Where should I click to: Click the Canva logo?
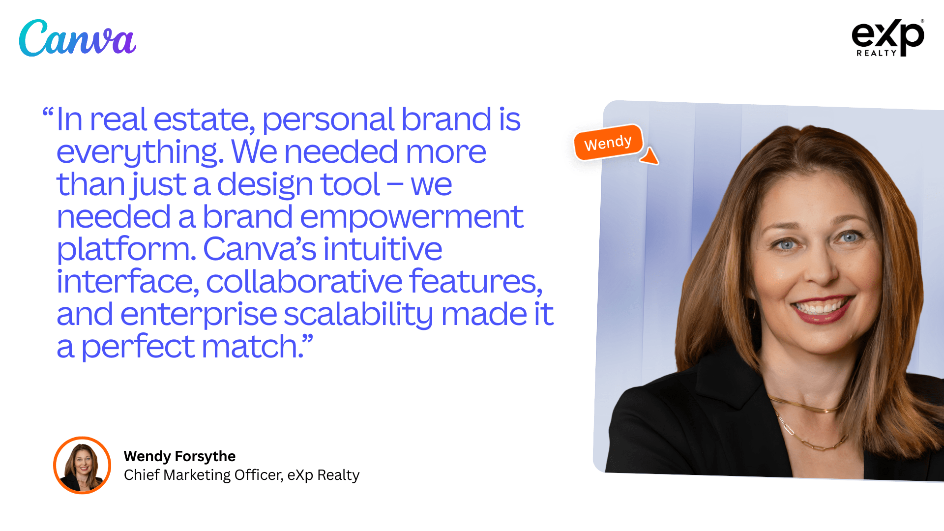point(78,38)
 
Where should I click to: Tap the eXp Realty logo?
point(887,37)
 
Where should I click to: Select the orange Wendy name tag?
point(608,143)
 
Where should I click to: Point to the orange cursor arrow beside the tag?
point(650,156)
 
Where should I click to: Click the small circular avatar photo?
point(82,465)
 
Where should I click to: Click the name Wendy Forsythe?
point(179,456)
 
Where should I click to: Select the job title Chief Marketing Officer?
point(203,475)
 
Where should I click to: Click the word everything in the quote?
point(140,152)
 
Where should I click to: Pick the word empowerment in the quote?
point(412,217)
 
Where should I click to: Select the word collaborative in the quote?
point(304,282)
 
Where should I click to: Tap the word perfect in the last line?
point(138,347)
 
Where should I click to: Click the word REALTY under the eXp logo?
point(876,53)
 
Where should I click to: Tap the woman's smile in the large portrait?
point(822,307)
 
